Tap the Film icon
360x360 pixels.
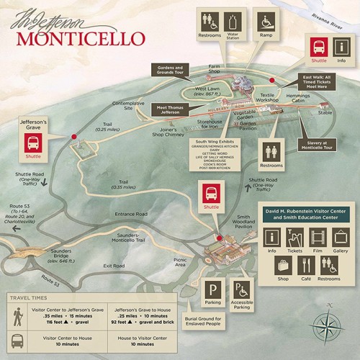point(318,238)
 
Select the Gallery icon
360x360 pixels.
point(341,238)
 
